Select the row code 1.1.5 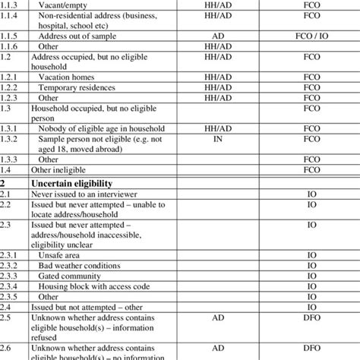(11, 36)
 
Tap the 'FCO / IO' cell (311, 36)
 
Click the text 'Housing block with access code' (96, 287)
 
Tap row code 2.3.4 (11, 287)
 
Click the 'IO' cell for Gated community (311, 277)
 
